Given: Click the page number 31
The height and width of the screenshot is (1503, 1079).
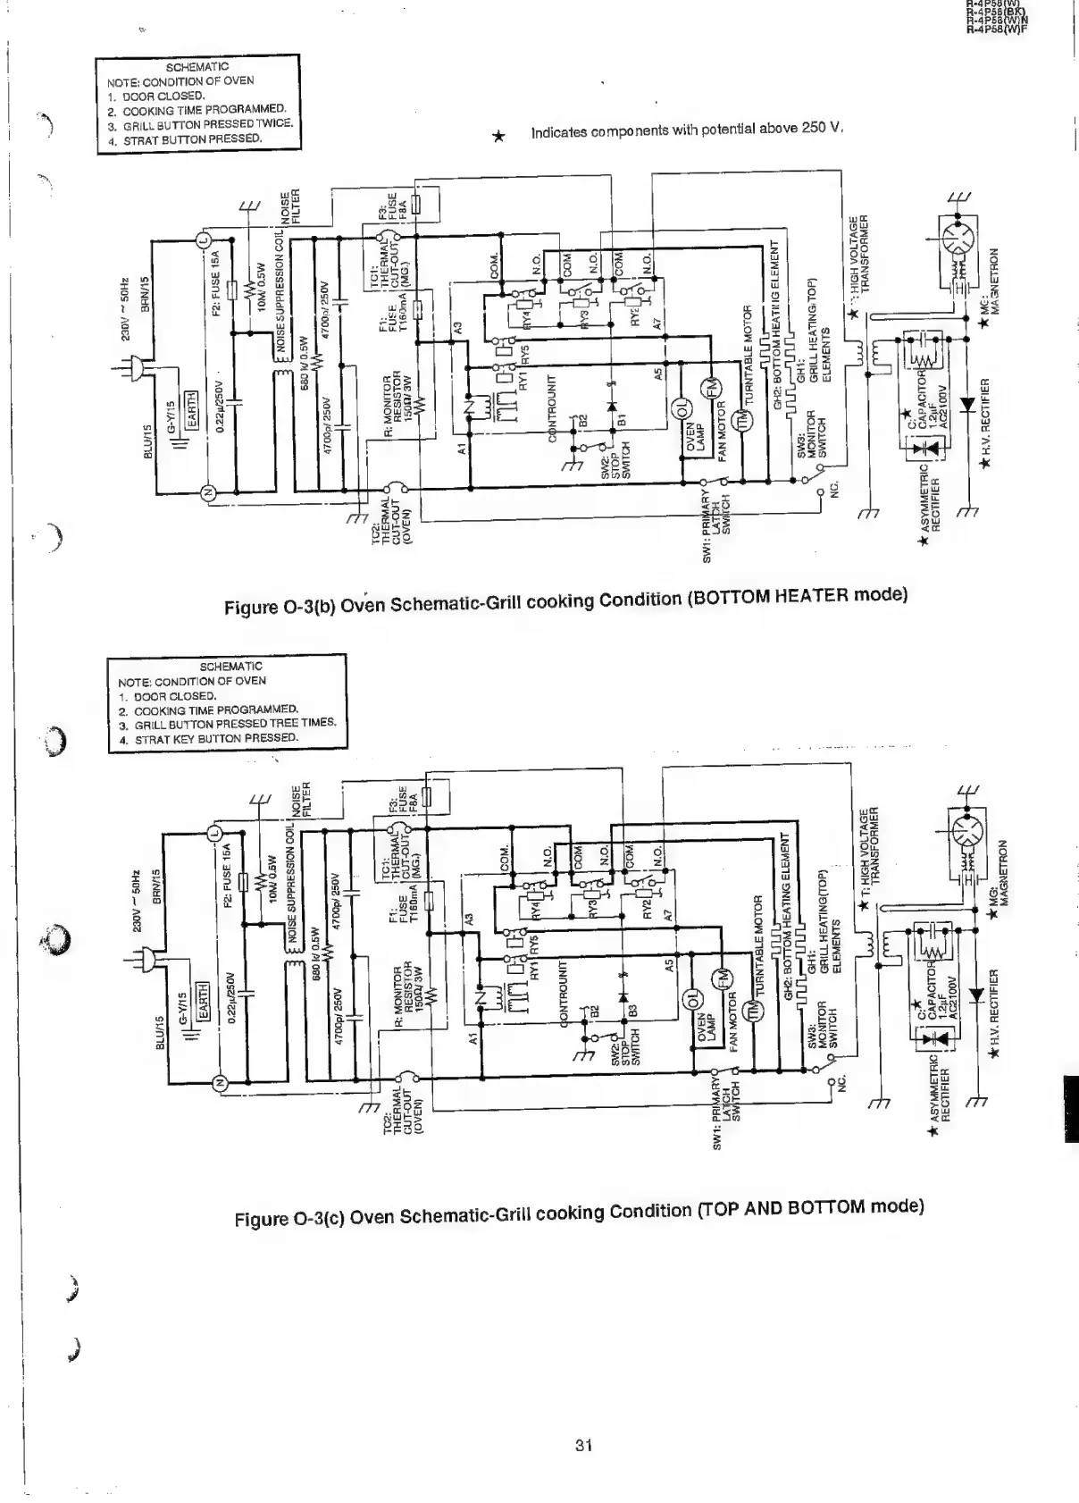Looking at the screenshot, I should point(584,1445).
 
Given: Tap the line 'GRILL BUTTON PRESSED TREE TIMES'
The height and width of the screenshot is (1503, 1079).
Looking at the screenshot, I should point(235,723).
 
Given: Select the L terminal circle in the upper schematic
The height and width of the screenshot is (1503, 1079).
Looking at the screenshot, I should point(203,239).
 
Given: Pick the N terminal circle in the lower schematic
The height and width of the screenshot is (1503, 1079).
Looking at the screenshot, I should point(216,1084).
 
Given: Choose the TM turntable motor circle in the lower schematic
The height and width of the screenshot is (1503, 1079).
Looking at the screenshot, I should point(755,1011).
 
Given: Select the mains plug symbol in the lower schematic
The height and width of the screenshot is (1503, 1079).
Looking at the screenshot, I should point(148,959).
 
